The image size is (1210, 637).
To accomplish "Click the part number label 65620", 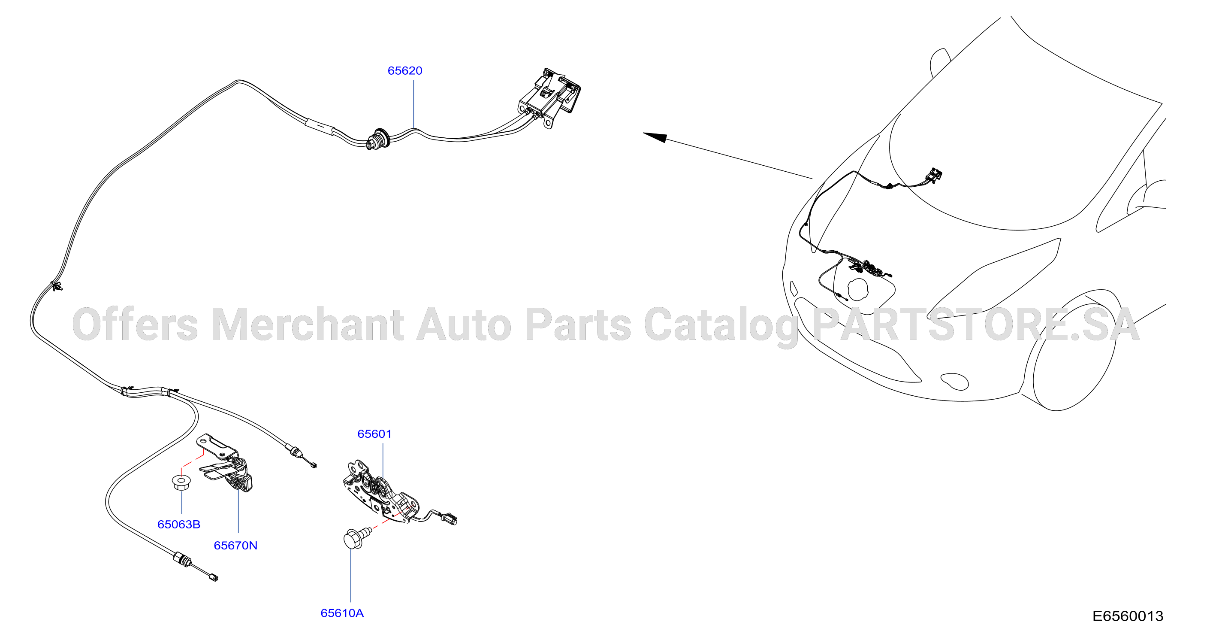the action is pyautogui.click(x=404, y=70).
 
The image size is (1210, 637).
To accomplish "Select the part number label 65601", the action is pyautogui.click(x=374, y=434).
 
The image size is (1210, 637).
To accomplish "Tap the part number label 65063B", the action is pyautogui.click(x=178, y=524).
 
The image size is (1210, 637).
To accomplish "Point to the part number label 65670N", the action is pyautogui.click(x=235, y=545).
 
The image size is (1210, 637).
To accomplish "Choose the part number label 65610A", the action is pyautogui.click(x=342, y=613).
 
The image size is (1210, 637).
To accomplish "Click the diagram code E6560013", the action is pyautogui.click(x=1128, y=616).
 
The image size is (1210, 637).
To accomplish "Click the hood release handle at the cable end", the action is pyautogui.click(x=549, y=97).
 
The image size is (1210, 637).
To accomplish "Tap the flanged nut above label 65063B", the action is pyautogui.click(x=179, y=483).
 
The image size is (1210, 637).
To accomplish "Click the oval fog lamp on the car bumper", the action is pyautogui.click(x=954, y=381).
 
